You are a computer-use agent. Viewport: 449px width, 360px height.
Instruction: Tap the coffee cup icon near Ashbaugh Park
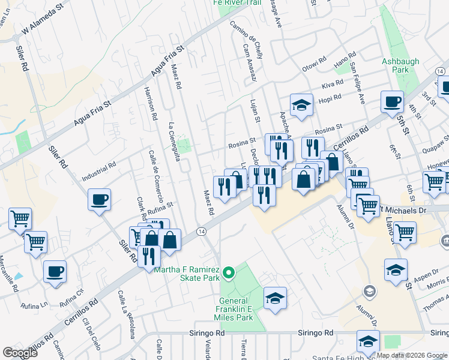(x=392, y=102)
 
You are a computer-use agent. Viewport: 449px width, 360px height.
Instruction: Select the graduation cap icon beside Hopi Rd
(x=301, y=105)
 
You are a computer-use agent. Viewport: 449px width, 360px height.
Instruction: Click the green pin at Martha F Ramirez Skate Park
(x=228, y=274)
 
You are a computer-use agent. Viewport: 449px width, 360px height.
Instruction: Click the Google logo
(x=20, y=353)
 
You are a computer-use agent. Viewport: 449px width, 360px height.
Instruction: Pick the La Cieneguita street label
(x=175, y=142)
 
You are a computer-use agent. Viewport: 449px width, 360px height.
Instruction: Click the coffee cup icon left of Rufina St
(x=99, y=199)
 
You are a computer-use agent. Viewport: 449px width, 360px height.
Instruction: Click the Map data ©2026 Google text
(x=412, y=355)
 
